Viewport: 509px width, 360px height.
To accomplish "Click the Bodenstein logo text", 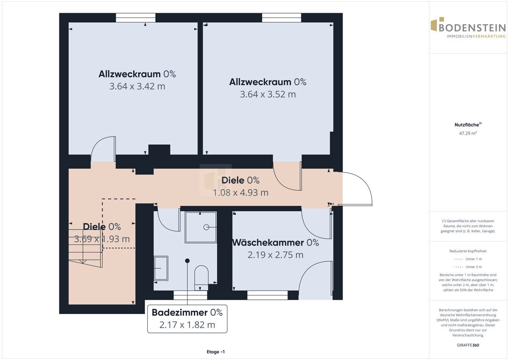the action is coord(472,28).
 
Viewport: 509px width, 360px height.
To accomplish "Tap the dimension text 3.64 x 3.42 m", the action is coord(137,87).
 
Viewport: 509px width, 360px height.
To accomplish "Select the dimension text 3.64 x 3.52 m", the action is coord(268,94).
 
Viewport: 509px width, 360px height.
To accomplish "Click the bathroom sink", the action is coord(161,268).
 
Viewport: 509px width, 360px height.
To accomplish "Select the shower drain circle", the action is coord(206,227).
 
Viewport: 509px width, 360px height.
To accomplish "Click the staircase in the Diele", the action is coord(85,248).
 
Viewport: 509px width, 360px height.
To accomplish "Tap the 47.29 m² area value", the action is coord(468,133).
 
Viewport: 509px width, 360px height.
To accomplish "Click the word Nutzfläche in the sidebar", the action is coord(467,125).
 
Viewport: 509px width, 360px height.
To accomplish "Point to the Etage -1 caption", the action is coord(215,352).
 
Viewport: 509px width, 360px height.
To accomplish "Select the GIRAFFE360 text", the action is coord(468,345).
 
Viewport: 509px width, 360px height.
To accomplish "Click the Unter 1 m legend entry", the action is coord(468,259).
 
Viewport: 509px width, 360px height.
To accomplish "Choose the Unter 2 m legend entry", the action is coord(468,267).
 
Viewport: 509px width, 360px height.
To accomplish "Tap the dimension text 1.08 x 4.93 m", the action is coord(241,193).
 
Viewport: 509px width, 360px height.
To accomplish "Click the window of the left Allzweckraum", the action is coord(136,18).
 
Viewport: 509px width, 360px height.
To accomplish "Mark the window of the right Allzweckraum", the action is coord(282,18).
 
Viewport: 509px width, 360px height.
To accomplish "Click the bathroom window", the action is coord(190,295).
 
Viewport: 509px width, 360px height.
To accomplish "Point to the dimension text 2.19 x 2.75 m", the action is coord(275,255).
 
